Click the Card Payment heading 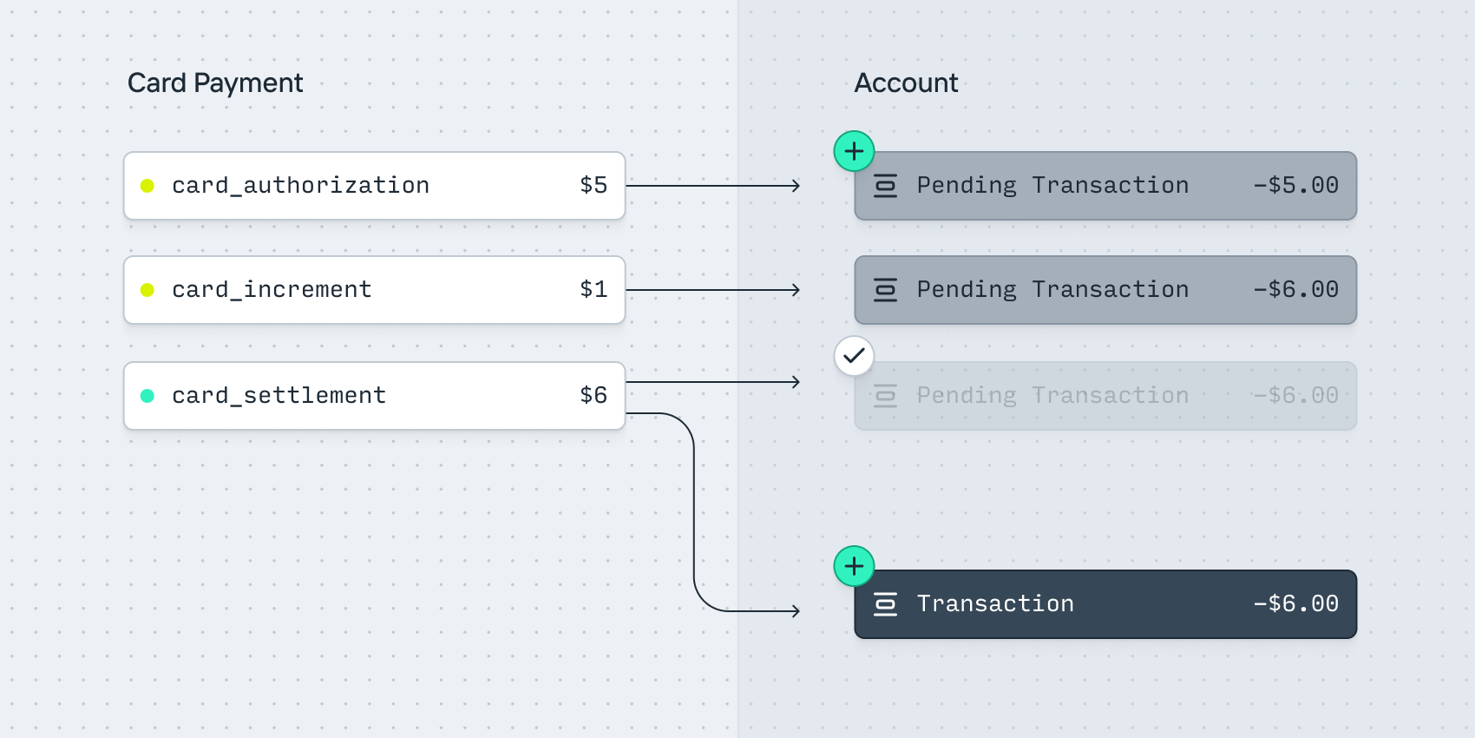(x=215, y=83)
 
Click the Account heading (x=906, y=83)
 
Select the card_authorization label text (x=300, y=186)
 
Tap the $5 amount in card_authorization (x=593, y=186)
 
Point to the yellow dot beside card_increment (x=147, y=290)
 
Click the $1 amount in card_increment (x=593, y=290)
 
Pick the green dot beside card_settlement (x=147, y=396)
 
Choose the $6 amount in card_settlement (x=593, y=396)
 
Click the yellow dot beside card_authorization (x=147, y=186)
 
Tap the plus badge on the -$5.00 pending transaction (x=854, y=152)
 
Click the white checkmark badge (x=854, y=356)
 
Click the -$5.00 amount (x=1295, y=186)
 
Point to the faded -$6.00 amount (x=1295, y=396)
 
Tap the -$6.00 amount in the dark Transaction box (x=1295, y=604)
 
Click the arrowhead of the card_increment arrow (x=796, y=290)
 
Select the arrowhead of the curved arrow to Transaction (x=796, y=611)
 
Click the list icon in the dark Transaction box (x=885, y=604)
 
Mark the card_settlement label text (x=279, y=396)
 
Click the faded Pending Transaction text (x=1052, y=396)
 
